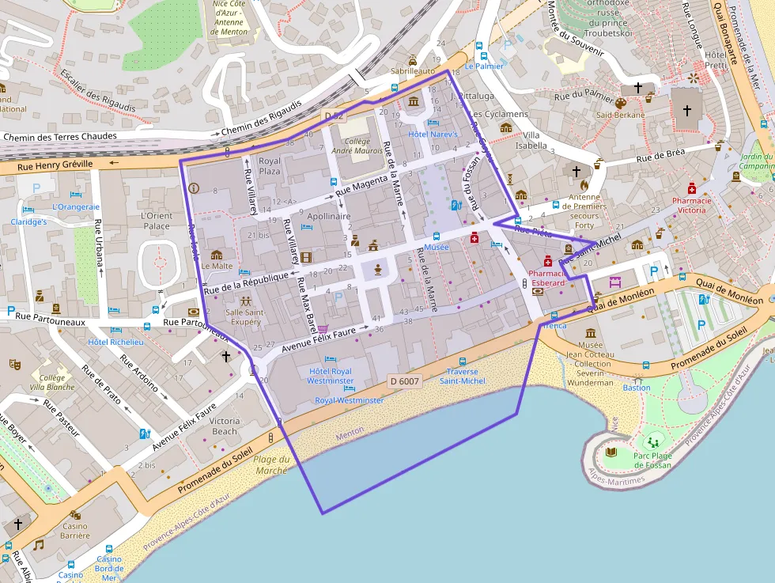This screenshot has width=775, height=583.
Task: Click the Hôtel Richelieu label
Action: pyautogui.click(x=115, y=342)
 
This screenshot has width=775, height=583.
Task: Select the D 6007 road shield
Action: pyautogui.click(x=404, y=381)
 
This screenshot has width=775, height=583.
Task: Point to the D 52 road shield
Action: pyautogui.click(x=334, y=116)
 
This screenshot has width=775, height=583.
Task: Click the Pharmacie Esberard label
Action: pyautogui.click(x=548, y=278)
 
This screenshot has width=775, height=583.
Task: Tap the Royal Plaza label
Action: pyautogui.click(x=270, y=166)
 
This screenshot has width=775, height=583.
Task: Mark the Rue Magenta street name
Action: pyautogui.click(x=361, y=186)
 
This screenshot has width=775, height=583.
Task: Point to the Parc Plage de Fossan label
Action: pyautogui.click(x=652, y=460)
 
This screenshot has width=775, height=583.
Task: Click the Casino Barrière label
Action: pyautogui.click(x=75, y=531)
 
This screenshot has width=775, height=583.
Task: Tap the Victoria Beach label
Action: pyautogui.click(x=225, y=426)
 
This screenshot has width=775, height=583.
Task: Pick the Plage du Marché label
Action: pyautogui.click(x=271, y=465)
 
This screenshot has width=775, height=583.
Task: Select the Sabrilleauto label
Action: pyautogui.click(x=413, y=70)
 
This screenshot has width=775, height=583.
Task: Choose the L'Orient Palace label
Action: pyautogui.click(x=155, y=221)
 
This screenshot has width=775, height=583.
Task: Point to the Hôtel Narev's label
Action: pyautogui.click(x=433, y=134)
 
